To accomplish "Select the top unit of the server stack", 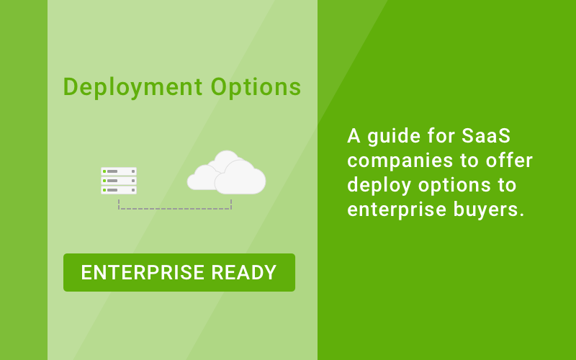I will click(x=119, y=171).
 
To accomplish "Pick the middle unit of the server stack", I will click(x=119, y=181).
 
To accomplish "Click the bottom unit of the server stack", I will click(x=119, y=190).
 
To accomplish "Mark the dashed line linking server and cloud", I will click(x=175, y=209).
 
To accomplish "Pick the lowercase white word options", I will click(x=453, y=185).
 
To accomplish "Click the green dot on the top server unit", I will click(x=104, y=171).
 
